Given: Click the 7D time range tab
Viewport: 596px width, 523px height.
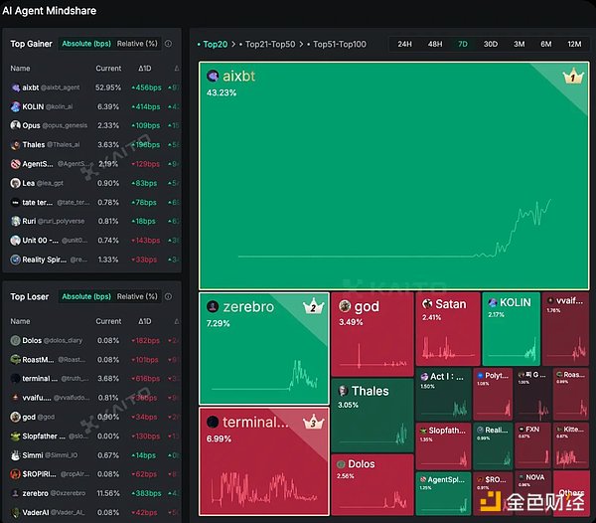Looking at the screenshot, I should (x=463, y=44).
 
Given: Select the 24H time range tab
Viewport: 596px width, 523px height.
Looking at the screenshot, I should (x=405, y=44).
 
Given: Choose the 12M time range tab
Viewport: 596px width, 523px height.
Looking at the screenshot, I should (x=574, y=44).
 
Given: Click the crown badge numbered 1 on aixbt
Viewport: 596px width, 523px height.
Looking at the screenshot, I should (x=572, y=77).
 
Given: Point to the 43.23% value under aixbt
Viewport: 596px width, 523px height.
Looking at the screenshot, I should (x=222, y=92).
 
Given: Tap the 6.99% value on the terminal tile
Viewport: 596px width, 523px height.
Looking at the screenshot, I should (x=221, y=438).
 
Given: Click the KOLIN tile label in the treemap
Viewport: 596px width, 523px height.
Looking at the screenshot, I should (x=515, y=302).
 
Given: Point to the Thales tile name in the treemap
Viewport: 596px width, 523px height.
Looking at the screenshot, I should (x=370, y=391).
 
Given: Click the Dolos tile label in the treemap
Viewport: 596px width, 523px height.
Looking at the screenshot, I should (x=361, y=463).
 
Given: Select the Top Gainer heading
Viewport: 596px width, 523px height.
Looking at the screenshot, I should (x=32, y=44).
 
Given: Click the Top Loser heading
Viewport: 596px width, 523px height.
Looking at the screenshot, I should (x=30, y=296).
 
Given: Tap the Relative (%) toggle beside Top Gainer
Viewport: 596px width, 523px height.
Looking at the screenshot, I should (x=137, y=44).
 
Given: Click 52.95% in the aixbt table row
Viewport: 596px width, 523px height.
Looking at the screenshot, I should (x=108, y=87).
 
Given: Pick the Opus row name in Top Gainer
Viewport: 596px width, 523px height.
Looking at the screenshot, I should (x=32, y=125).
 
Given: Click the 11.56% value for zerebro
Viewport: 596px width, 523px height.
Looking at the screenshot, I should (x=108, y=493).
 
